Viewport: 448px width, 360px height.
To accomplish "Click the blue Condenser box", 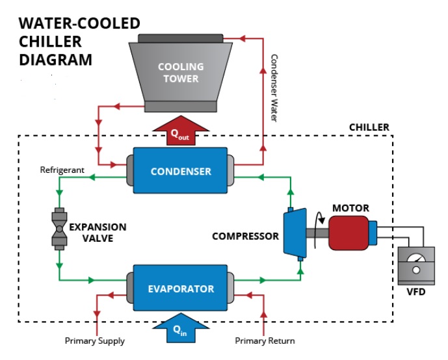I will pos(180,171).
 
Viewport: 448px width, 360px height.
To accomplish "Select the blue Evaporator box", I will pos(180,289).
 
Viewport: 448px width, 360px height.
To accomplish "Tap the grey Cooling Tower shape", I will pos(180,72).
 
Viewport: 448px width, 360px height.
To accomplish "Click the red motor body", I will pos(349,233).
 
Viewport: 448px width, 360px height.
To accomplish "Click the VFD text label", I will pos(415,292).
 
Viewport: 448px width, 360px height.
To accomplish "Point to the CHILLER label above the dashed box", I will pos(369,127).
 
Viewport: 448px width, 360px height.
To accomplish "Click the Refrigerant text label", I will pos(62,170).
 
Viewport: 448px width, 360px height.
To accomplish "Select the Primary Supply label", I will pos(95,341).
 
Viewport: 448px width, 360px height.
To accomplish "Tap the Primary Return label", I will pos(265,341).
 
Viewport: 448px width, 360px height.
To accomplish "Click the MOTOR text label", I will pos(350,209).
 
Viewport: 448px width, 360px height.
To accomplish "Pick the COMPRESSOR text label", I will pos(245,236).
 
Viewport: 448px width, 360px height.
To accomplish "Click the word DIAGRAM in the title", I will pos(55,60).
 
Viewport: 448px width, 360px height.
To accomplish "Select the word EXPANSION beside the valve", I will pos(98,227).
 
